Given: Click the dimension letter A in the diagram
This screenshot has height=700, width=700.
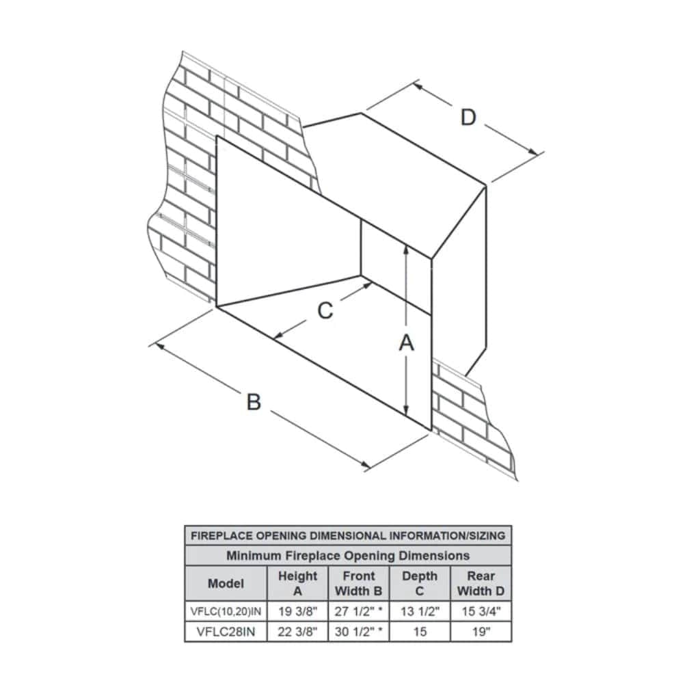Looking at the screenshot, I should (x=407, y=343).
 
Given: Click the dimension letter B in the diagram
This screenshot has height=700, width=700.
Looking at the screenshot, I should (x=254, y=401).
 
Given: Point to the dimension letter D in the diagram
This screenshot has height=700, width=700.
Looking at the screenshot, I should (x=468, y=118).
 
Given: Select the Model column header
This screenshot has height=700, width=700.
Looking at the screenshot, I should (x=226, y=584).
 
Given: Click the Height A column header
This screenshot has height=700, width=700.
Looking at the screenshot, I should (x=297, y=584).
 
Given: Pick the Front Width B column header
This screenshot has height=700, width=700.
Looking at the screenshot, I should (x=358, y=584).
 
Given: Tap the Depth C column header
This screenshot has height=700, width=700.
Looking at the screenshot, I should (x=420, y=584).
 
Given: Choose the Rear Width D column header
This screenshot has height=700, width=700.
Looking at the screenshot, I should (x=481, y=584).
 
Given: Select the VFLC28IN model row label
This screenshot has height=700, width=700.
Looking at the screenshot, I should (x=226, y=632).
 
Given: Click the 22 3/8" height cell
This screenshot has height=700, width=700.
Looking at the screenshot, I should (x=297, y=632).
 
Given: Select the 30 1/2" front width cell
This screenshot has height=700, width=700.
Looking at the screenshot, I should (x=358, y=632).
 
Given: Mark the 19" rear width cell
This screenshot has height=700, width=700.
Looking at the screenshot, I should (x=481, y=632).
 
